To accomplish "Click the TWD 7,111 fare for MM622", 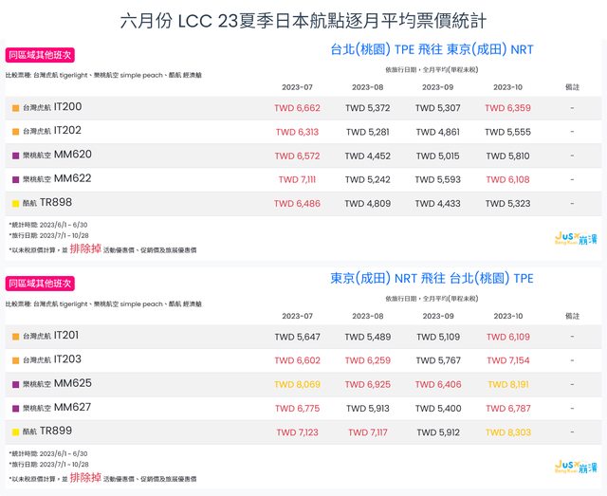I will (297, 179).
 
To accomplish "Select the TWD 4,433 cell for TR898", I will (437, 203).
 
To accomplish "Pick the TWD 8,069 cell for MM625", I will (297, 385).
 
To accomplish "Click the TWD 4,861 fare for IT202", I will (437, 132).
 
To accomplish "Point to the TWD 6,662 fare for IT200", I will (297, 108).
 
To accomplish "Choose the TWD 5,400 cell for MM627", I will (437, 409).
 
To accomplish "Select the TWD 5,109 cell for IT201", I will (437, 337).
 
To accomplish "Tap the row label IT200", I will (67, 107).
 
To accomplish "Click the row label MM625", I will (73, 383).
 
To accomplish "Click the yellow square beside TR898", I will (15, 203).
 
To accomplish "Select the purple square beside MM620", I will (15, 156).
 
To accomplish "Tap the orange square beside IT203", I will (15, 360).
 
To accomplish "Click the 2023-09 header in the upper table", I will (437, 87).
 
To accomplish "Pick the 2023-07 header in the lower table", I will (297, 316).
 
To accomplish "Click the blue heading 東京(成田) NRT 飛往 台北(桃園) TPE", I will (432, 278).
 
